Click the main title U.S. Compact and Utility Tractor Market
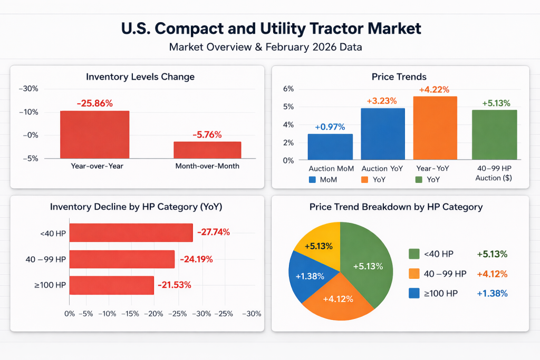point(270,28)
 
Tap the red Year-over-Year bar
point(94,134)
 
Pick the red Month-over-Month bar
point(207,150)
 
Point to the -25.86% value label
point(94,103)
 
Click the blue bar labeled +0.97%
point(330,147)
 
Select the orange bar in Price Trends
point(435,128)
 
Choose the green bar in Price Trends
point(494,134)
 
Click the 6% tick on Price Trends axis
point(288,89)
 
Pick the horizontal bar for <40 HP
point(131,232)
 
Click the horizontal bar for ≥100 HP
point(111,285)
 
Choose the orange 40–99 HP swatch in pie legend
point(414,274)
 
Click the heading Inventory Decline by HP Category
point(136,207)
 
